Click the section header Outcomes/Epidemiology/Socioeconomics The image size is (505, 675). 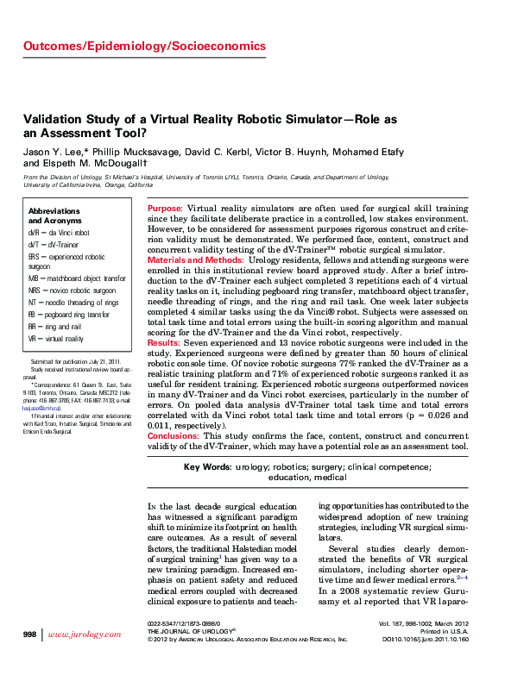(x=144, y=45)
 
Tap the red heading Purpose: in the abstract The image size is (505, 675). (x=165, y=209)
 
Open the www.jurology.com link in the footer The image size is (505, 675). (x=85, y=634)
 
